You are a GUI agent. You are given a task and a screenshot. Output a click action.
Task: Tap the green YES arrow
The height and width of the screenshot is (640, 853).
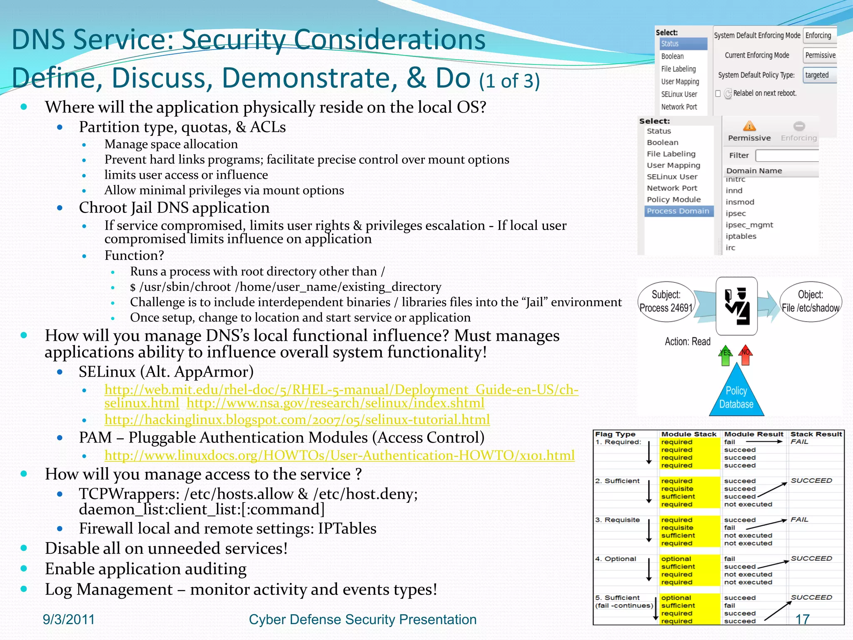point(726,355)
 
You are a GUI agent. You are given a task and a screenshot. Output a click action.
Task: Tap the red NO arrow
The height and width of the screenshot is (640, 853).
point(746,355)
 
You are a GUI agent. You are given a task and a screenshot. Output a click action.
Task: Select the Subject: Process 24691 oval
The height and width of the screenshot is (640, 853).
point(666,302)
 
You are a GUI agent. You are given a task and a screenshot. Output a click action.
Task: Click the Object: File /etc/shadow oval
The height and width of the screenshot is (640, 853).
point(810,302)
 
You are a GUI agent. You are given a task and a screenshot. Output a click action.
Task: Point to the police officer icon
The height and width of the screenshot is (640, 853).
point(736,306)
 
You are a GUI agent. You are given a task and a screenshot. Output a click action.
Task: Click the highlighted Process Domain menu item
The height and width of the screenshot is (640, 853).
point(678,211)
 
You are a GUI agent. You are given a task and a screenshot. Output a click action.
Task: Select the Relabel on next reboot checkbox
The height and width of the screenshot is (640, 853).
point(718,93)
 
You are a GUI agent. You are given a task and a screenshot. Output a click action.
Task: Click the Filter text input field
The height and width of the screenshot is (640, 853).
point(786,155)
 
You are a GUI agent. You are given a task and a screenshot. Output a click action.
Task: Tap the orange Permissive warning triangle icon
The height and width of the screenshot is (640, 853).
point(749,126)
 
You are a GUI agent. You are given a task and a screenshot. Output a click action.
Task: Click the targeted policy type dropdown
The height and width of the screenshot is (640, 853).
point(819,75)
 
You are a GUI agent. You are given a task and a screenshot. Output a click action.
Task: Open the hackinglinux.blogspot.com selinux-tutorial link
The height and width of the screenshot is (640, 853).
point(297,420)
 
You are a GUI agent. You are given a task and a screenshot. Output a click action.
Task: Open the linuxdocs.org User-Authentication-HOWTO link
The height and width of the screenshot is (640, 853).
point(339,455)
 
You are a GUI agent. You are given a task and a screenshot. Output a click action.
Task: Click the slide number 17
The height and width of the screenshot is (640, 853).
point(802,619)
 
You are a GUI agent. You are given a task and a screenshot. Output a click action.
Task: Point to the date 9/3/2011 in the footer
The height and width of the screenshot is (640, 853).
point(69,620)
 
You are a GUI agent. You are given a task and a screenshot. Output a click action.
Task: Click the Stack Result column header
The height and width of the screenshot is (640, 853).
point(816,434)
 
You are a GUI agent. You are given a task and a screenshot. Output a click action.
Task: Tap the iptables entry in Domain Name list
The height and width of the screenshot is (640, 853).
point(741,236)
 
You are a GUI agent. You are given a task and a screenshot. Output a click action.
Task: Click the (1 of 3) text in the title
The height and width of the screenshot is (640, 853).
point(509,81)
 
